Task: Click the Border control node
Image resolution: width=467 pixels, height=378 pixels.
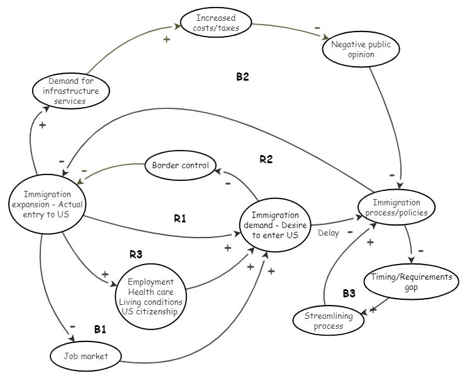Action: pyautogui.click(x=180, y=166)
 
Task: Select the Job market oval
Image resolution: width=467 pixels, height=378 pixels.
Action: pyautogui.click(x=86, y=357)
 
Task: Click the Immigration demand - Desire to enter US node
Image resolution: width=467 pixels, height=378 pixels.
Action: pyautogui.click(x=274, y=225)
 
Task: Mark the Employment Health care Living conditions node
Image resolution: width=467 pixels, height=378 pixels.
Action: pyautogui.click(x=150, y=296)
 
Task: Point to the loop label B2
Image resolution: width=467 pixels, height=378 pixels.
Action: pyautogui.click(x=243, y=77)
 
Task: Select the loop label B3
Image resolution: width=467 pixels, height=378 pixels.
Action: pyautogui.click(x=349, y=293)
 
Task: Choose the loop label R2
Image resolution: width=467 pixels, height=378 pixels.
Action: pyautogui.click(x=266, y=159)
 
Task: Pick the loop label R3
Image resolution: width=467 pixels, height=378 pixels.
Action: pyautogui.click(x=137, y=255)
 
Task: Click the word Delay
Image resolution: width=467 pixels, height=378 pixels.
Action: pyautogui.click(x=328, y=233)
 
